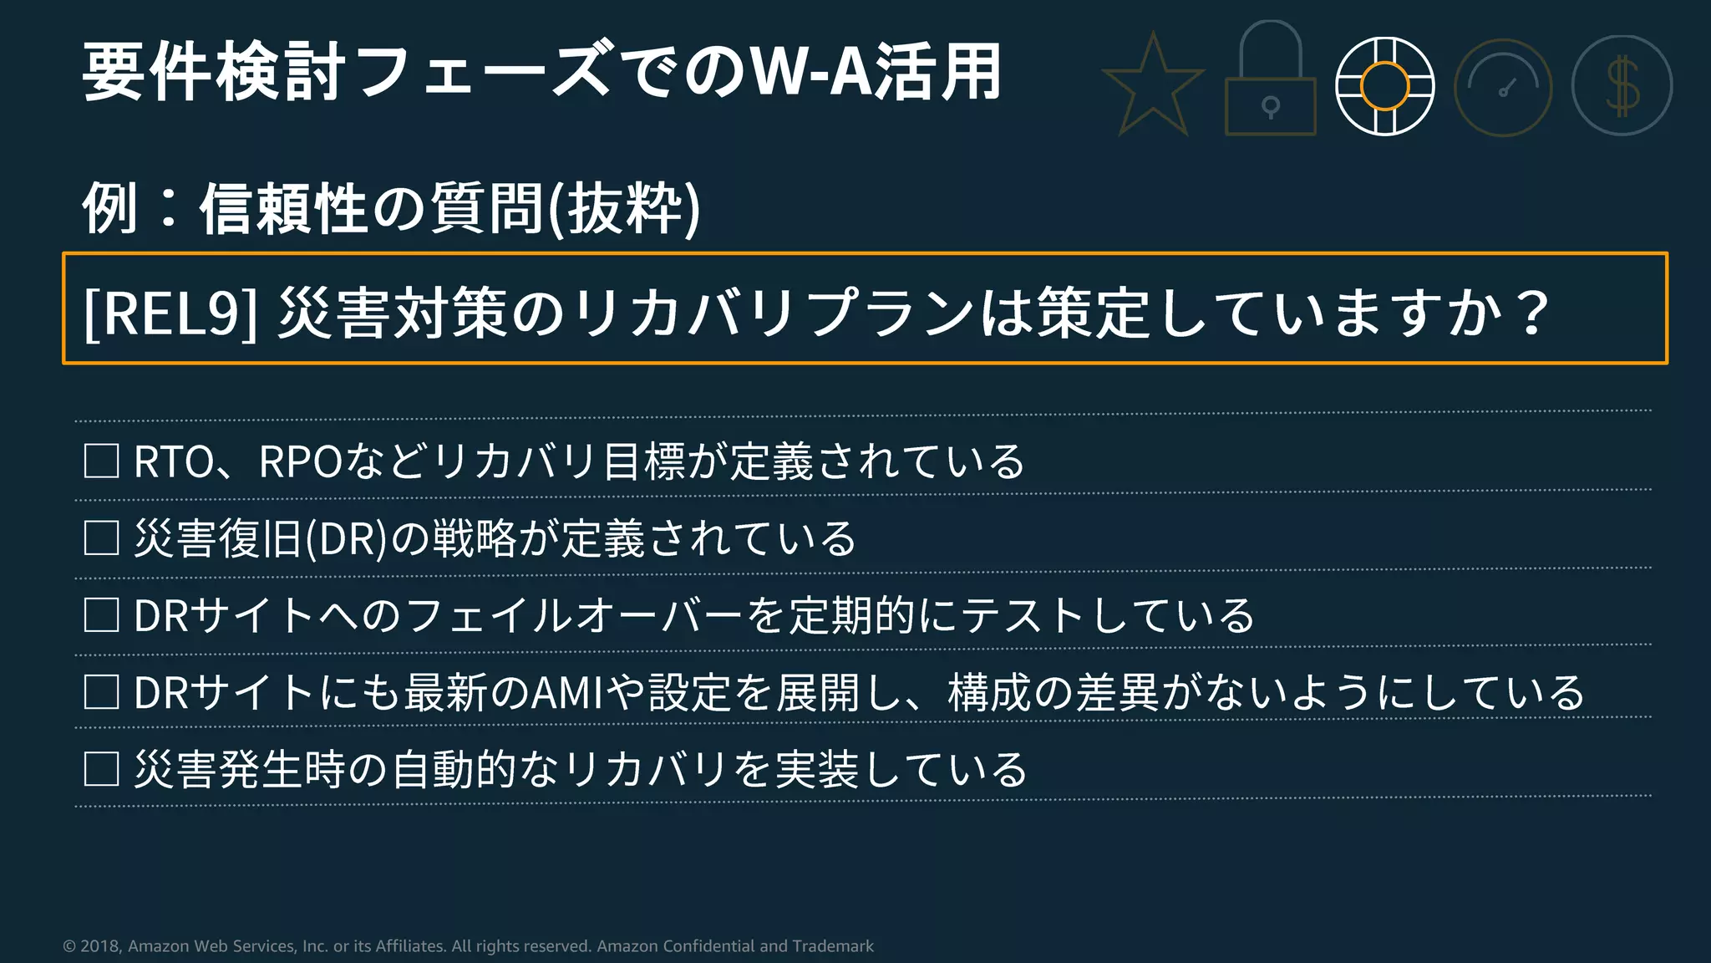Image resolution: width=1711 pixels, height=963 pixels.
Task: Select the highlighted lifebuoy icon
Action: [1384, 86]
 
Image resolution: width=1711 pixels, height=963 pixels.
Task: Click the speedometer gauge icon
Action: [1503, 88]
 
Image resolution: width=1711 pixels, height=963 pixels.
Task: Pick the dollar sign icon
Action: [1622, 86]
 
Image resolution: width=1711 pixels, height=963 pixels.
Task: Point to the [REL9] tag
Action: [170, 312]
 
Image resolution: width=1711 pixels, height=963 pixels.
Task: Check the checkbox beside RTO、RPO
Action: [101, 461]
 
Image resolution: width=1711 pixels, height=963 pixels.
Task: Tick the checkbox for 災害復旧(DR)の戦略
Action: [101, 538]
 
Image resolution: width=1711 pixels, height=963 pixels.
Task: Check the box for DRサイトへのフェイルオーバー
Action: [101, 614]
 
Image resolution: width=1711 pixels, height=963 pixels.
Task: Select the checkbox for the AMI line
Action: [101, 691]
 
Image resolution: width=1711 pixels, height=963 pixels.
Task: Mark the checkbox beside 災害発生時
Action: [101, 768]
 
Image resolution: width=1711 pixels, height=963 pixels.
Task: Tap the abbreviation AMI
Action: [567, 692]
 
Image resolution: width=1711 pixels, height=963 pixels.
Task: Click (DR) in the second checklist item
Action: [346, 538]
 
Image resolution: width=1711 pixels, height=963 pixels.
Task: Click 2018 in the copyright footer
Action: [100, 946]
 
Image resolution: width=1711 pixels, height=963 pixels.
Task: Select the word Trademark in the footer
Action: [832, 946]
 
